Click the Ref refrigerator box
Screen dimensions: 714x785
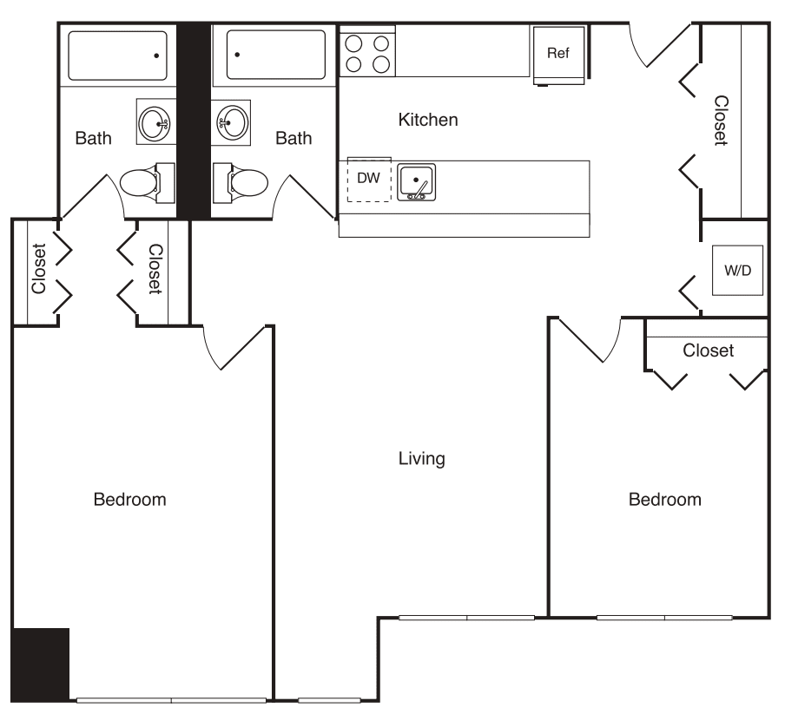click(x=557, y=55)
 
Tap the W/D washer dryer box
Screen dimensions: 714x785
click(x=737, y=270)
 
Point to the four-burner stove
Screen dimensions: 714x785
click(x=367, y=52)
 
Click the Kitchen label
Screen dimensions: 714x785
click(x=427, y=120)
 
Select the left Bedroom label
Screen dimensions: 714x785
click(x=129, y=500)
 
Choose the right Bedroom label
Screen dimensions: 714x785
click(x=664, y=500)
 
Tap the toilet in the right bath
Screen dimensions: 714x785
click(x=247, y=182)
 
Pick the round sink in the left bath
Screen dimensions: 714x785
click(x=157, y=122)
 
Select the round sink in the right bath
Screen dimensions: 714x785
click(x=232, y=122)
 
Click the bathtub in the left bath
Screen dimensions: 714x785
click(x=118, y=56)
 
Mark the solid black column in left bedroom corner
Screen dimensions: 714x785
click(x=40, y=664)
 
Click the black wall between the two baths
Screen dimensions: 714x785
click(x=194, y=121)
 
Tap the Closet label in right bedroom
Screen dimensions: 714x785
click(x=708, y=350)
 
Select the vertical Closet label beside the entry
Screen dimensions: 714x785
click(x=721, y=120)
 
